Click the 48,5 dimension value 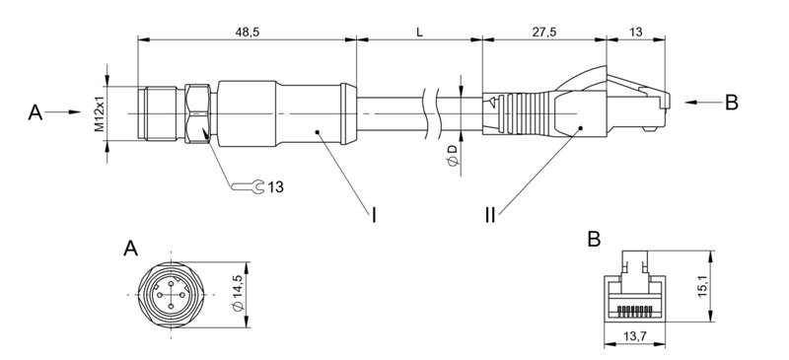(248, 32)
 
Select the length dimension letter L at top (419, 32)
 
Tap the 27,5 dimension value (545, 32)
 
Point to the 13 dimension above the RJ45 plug (636, 32)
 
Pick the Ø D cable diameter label (452, 155)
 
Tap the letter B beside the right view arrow (731, 102)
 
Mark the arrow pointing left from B (701, 102)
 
